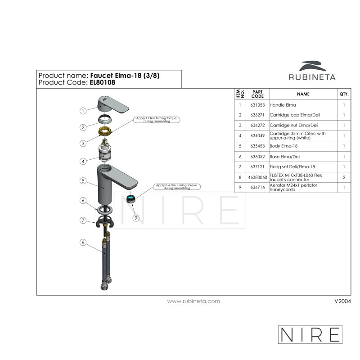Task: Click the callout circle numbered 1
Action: (83, 111)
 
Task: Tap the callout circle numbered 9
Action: (136, 218)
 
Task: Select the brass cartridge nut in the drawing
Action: (105, 131)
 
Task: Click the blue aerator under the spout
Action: (131, 198)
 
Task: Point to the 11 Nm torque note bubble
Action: (157, 120)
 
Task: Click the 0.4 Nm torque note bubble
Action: (177, 187)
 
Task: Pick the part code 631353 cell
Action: (257, 105)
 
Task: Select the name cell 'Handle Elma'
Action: (283, 105)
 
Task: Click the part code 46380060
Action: (257, 177)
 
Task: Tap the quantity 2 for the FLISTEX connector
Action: (344, 177)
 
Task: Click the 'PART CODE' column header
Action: (257, 94)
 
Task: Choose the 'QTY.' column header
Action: (344, 94)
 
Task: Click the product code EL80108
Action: (103, 83)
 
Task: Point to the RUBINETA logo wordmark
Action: (312, 77)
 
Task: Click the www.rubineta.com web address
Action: (193, 301)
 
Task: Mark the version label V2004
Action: (342, 301)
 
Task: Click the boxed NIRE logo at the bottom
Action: (310, 334)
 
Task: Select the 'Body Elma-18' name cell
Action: (283, 146)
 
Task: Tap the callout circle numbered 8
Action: (83, 243)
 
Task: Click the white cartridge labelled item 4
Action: (105, 150)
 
